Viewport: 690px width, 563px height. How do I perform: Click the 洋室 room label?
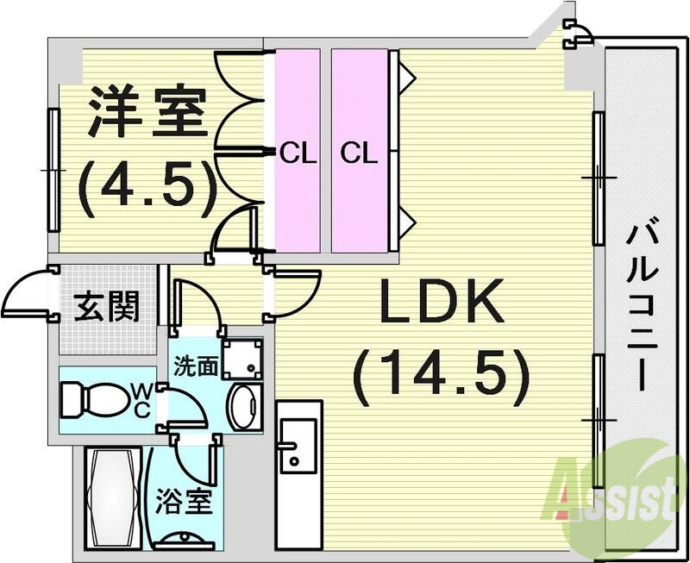147,113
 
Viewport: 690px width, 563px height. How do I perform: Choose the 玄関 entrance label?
107,306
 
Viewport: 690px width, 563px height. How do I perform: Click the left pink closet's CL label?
298,154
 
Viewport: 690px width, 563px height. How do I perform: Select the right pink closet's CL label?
359,154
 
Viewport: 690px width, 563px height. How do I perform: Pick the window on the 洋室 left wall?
53,170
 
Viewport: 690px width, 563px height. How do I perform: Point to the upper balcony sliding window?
598,176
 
